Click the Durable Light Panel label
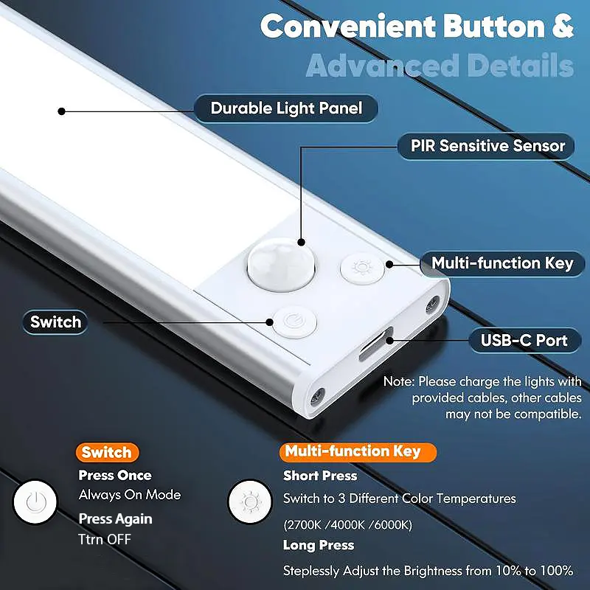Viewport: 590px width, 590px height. point(286,108)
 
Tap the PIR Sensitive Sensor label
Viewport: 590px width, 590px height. point(486,146)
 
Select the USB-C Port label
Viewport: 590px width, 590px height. point(524,340)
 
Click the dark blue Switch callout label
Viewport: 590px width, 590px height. point(55,322)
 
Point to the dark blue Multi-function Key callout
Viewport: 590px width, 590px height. point(502,263)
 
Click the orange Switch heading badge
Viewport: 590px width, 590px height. point(107,452)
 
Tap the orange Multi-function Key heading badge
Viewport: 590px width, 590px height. point(358,451)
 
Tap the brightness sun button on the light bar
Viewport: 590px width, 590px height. point(362,268)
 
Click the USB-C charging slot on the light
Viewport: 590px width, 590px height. point(376,344)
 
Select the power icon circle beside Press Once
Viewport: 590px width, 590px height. point(35,502)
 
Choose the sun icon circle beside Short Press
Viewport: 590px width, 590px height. point(250,502)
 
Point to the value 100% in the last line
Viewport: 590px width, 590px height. point(557,570)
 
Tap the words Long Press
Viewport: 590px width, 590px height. point(319,545)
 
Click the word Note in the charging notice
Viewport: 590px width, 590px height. point(398,381)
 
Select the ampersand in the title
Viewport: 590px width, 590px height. point(562,27)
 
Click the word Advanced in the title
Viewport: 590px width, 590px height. point(383,66)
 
